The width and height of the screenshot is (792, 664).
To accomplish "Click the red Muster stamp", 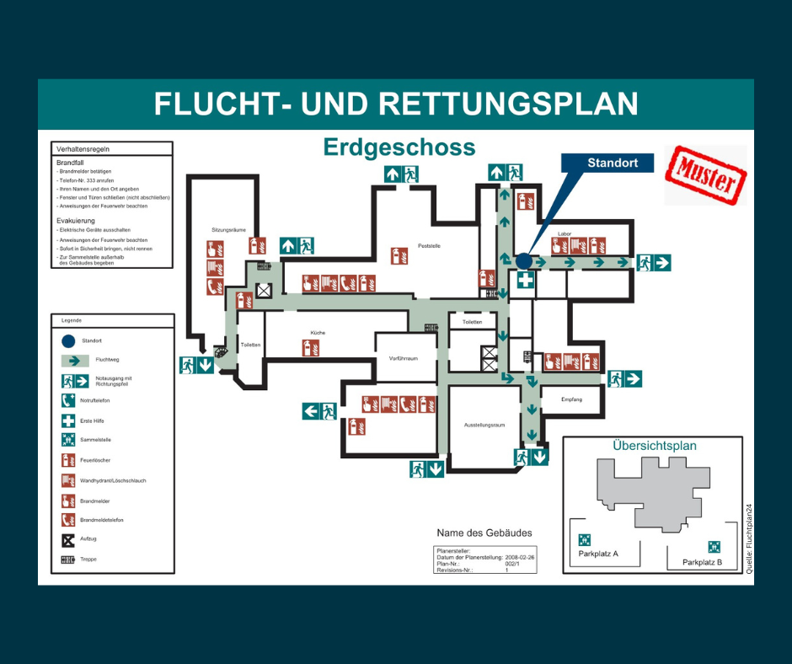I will [x=705, y=176].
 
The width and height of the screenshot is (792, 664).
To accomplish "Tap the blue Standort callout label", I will [x=612, y=163].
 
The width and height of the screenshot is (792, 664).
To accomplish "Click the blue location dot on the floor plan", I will [x=523, y=261].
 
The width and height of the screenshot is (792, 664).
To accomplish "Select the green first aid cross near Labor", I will [x=525, y=280].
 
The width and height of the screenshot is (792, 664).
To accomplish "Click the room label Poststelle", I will [x=429, y=246].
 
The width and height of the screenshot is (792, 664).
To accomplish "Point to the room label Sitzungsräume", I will [x=228, y=229].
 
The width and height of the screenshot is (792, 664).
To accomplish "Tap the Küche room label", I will [x=317, y=333].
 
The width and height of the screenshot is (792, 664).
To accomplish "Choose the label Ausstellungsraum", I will [x=484, y=425].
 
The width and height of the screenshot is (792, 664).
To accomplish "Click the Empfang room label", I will [x=571, y=399].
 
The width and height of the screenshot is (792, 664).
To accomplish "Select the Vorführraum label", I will [x=404, y=358].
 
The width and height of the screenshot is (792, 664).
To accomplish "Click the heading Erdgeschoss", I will [x=399, y=148].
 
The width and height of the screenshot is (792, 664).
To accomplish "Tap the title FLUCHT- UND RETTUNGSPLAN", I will [x=395, y=104].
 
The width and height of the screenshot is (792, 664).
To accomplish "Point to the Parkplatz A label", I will [x=598, y=554].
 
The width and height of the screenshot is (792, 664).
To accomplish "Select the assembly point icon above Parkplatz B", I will [x=714, y=546].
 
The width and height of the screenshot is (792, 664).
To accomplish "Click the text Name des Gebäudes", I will [x=484, y=533].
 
